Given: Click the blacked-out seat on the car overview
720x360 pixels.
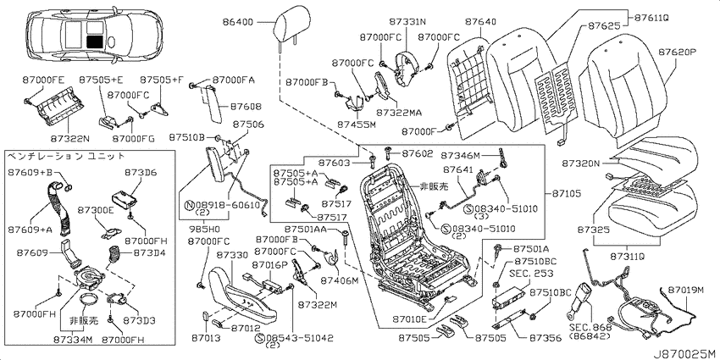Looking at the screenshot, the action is coord(96,42).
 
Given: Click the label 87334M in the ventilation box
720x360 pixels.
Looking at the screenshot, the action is coord(73,340).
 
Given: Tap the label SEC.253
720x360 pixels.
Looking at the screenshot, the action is coord(527,273).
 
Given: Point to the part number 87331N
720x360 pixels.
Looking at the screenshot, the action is coord(407,21).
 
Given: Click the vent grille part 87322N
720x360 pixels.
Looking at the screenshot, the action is coord(54,111).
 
